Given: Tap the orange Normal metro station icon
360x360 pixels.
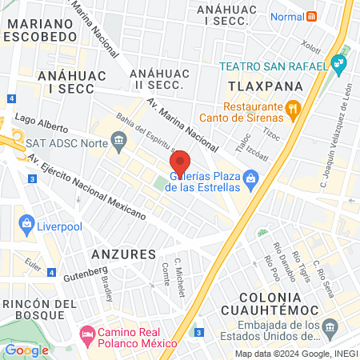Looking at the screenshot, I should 312,16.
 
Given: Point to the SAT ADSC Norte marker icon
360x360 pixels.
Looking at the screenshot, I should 119,142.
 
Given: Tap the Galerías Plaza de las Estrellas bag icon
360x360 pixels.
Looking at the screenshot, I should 251,178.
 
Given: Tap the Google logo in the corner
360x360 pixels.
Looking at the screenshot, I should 27,350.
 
